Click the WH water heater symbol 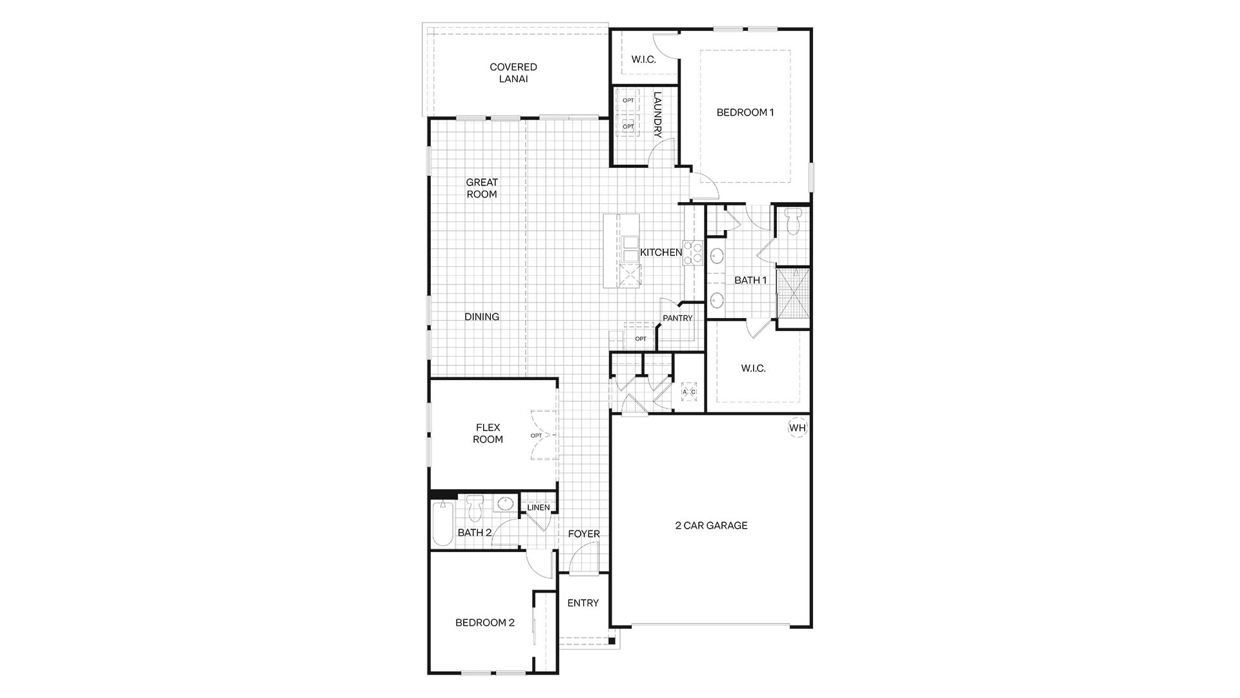click(798, 428)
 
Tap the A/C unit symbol click(689, 392)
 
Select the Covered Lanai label click(513, 73)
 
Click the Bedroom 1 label click(745, 112)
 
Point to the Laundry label click(658, 114)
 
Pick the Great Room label click(482, 188)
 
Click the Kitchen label click(661, 253)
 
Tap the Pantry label click(677, 318)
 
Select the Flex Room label click(488, 433)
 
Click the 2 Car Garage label click(711, 525)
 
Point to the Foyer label click(584, 534)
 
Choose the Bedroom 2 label click(485, 623)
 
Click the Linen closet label click(539, 507)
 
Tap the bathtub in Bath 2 click(442, 523)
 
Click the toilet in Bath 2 click(475, 508)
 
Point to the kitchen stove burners click(693, 253)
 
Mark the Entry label click(583, 603)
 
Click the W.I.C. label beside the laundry click(643, 59)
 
